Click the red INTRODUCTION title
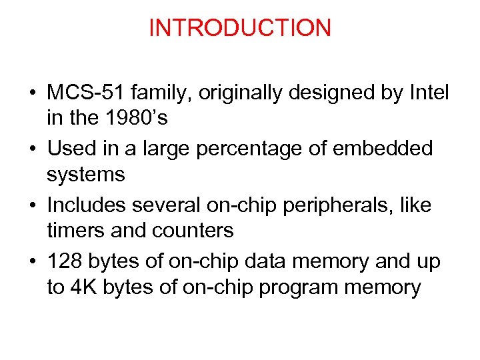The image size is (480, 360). click(x=240, y=28)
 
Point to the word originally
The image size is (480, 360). click(x=254, y=93)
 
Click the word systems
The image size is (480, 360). click(x=86, y=175)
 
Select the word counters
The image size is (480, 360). click(x=193, y=231)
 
